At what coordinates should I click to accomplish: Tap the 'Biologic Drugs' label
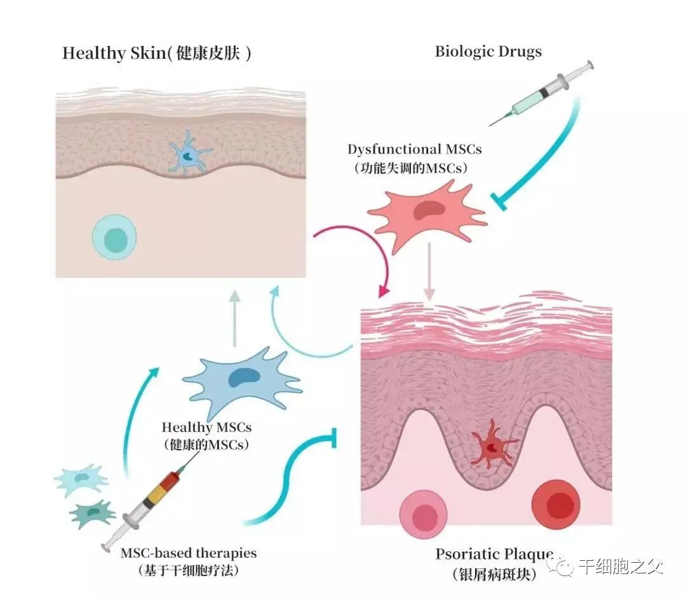tap(488, 51)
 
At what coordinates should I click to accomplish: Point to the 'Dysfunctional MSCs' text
tap(414, 150)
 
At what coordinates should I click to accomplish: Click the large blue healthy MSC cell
tap(243, 379)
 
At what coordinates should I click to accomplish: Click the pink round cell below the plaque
tap(424, 513)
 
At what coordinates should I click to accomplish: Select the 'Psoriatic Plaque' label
tap(494, 553)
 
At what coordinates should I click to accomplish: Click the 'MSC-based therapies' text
tap(189, 553)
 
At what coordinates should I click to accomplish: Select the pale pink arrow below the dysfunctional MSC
tap(430, 270)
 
